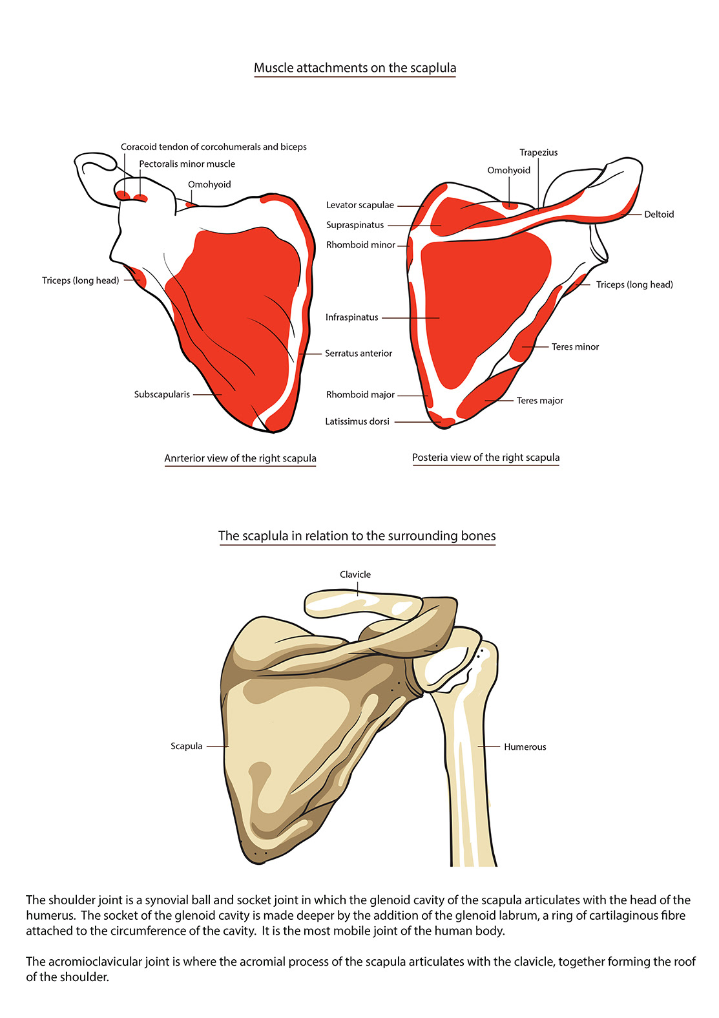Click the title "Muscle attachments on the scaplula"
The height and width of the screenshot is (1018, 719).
355,68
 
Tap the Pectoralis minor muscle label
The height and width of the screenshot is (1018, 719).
187,164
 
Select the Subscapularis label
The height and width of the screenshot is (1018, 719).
162,394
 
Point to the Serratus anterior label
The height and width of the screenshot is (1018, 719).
358,354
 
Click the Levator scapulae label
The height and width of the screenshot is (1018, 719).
359,205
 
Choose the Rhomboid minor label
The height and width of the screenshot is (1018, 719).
360,245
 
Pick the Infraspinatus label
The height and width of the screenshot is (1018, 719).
351,317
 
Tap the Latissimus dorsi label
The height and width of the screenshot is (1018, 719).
357,421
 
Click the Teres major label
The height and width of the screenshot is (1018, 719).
539,401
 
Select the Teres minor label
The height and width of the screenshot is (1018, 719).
575,347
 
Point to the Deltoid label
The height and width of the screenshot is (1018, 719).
658,215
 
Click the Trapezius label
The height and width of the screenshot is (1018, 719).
538,153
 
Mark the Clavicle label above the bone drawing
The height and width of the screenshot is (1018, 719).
355,575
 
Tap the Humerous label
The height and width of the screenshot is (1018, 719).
525,747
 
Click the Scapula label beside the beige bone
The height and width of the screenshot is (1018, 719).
186,746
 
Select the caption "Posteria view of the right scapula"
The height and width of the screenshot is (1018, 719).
486,458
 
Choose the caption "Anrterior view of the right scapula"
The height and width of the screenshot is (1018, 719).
240,458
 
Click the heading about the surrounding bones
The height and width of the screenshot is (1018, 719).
357,536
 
